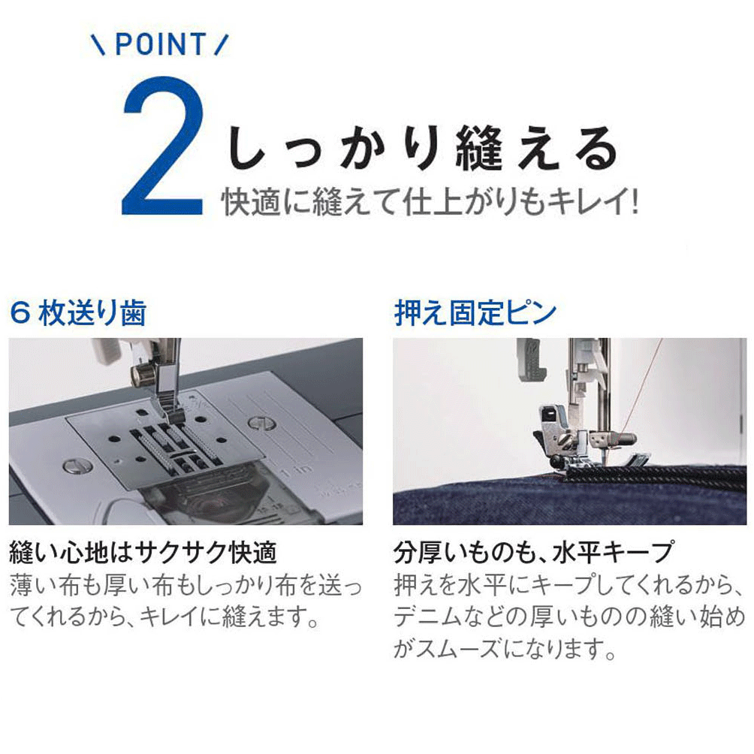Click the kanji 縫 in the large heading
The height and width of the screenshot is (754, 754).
(479, 148)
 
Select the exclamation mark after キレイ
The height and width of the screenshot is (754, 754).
(635, 202)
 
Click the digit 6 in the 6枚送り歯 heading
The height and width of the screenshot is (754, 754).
(20, 313)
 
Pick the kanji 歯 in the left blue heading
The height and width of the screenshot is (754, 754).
(133, 313)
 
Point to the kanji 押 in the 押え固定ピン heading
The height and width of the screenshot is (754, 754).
(407, 312)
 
